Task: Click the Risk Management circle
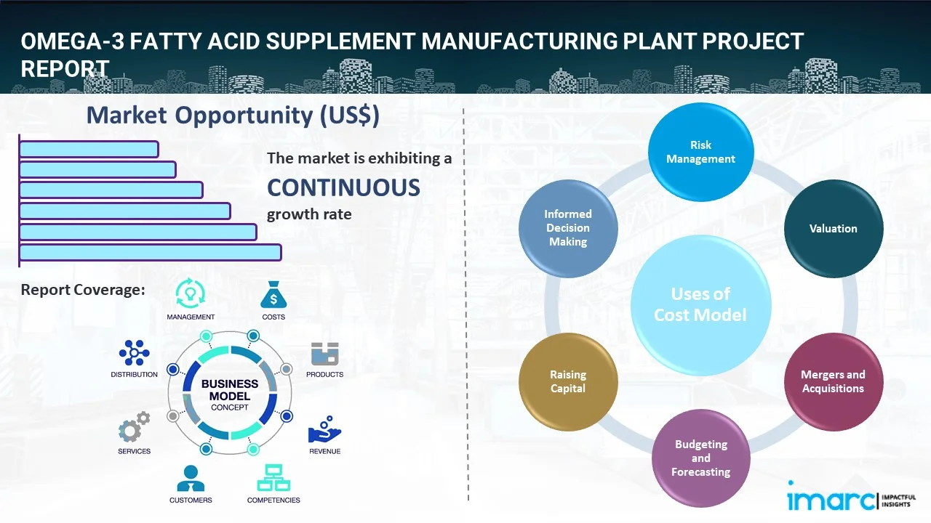point(700,152)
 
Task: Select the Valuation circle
point(833,229)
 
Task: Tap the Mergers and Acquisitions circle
point(833,381)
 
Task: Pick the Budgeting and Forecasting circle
point(700,458)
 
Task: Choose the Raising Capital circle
point(568,381)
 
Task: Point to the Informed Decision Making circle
point(568,228)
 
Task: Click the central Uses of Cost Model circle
point(700,304)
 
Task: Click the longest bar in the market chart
point(150,252)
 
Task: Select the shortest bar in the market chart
point(89,149)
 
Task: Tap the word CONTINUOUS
point(343,188)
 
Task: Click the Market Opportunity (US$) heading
point(233,115)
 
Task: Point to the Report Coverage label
point(83,290)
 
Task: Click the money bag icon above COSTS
point(273,295)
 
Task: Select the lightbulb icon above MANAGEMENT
point(191,293)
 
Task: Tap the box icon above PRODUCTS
point(324,354)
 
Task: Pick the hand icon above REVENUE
point(324,430)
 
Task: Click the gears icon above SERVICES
point(135,429)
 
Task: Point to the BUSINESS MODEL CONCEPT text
point(230,395)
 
